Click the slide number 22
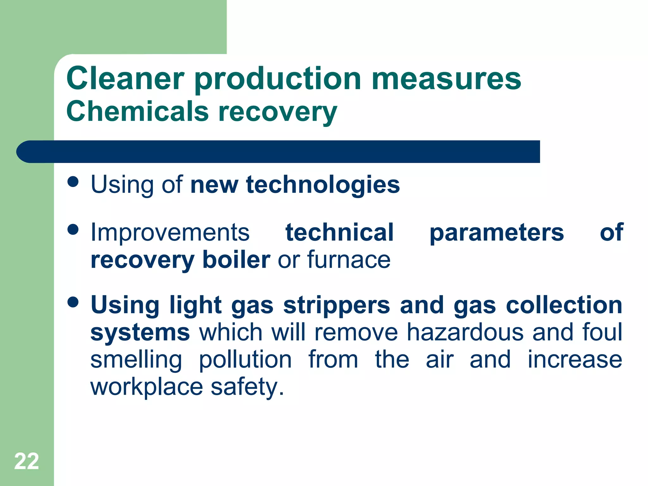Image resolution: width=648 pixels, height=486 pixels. point(27,461)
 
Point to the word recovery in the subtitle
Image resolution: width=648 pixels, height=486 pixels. point(277,112)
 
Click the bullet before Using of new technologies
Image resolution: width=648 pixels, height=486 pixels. point(73,182)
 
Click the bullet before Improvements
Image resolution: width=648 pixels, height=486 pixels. point(73,229)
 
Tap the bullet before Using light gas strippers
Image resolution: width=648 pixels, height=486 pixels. point(73,302)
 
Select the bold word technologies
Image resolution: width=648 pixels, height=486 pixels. point(323,185)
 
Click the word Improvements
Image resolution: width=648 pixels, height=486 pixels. point(170,232)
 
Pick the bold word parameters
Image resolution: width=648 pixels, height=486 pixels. point(496,233)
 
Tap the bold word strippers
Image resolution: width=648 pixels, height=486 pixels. point(336,306)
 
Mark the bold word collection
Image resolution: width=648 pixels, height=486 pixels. point(564,305)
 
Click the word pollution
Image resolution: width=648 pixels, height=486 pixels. point(245,360)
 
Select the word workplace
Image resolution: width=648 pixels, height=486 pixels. point(146,387)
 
